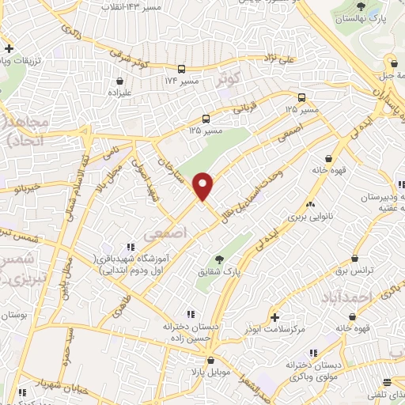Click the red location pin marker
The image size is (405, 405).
tap(203, 186)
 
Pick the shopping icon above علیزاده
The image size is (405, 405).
tap(119, 80)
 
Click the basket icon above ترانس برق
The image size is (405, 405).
tap(354, 259)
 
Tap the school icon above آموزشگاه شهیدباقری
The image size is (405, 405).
tap(130, 249)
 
